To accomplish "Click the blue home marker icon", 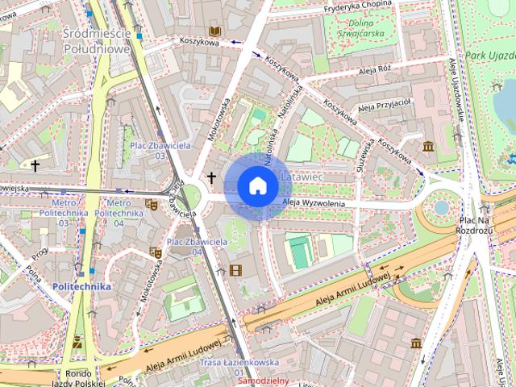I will (257, 186).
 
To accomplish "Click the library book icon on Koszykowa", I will (214, 31).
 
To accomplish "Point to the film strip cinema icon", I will (235, 270).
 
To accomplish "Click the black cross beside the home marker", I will (212, 177).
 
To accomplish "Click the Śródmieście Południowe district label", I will (96, 40).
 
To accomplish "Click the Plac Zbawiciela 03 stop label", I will (160, 150).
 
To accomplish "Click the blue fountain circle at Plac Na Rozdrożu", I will (441, 207).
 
